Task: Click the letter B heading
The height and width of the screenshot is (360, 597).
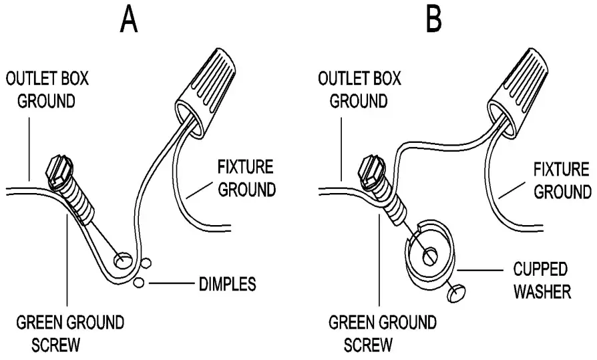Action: click(x=435, y=19)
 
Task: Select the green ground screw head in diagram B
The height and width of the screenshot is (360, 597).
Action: click(x=371, y=170)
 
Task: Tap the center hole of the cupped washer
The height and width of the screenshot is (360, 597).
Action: click(x=430, y=254)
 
